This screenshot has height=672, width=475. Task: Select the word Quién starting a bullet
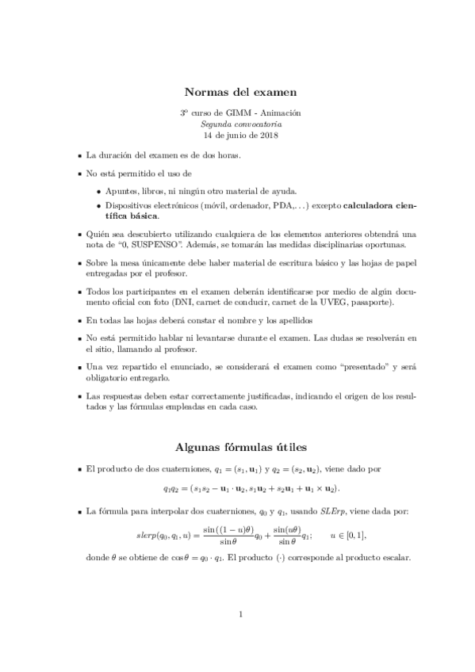click(99, 234)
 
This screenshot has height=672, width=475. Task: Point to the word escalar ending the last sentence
click(393, 556)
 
